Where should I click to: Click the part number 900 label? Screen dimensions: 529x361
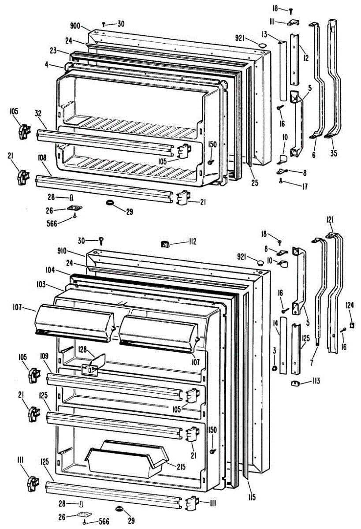74,26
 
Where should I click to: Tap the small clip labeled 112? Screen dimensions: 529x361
165,244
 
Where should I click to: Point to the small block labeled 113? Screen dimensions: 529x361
295,383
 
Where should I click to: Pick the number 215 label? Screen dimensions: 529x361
181,467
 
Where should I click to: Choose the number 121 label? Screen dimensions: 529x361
330,220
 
